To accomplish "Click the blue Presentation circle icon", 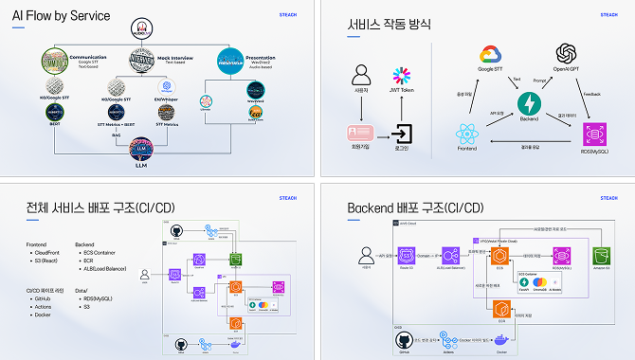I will click(230, 61).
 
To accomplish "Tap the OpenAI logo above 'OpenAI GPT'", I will click(567, 53).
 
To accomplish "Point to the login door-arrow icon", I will click(403, 133).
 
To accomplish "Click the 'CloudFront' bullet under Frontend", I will click(51, 254).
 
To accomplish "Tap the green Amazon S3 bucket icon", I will click(598, 255).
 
